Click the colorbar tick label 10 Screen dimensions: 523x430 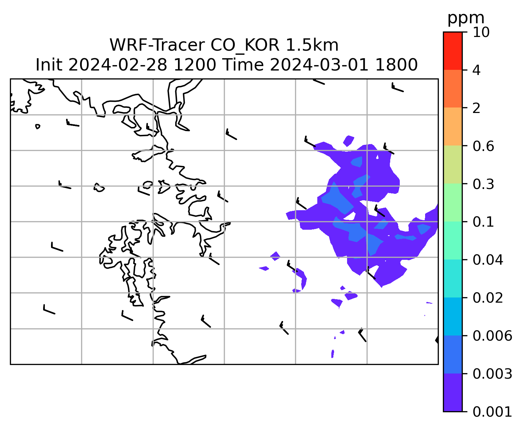481,32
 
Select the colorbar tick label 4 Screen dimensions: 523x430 476,70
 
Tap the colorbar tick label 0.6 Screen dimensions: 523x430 483,146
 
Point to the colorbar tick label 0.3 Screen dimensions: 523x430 483,184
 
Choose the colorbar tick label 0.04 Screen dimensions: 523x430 488,260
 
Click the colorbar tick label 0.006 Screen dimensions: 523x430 492,336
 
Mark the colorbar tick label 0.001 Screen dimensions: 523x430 492,412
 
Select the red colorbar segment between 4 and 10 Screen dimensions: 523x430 452,51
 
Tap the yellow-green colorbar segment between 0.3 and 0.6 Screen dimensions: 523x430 452,164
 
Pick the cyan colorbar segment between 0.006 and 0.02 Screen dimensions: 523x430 452,316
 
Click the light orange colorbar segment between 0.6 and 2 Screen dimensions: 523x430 452,126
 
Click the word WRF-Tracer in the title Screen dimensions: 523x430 157,45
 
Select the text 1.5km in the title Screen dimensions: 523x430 312,45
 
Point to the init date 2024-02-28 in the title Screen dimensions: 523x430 117,65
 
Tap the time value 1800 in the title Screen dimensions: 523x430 396,65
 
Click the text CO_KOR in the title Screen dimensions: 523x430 245,46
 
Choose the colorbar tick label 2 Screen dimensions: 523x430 476,108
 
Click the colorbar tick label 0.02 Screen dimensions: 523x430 488,298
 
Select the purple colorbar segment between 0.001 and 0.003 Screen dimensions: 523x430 452,393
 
